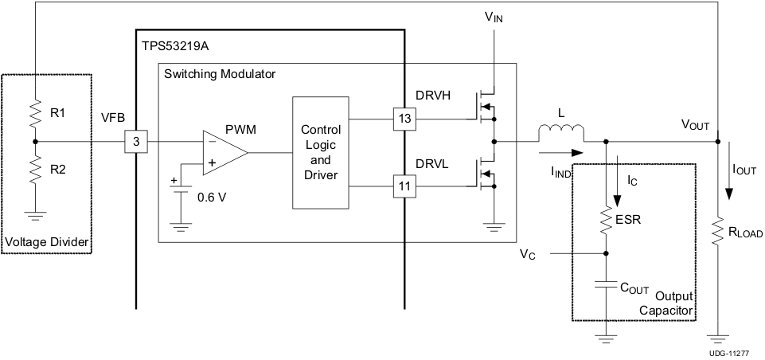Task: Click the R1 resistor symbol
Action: (34, 114)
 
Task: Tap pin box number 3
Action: (135, 143)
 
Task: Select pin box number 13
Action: (404, 119)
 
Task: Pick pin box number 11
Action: (404, 187)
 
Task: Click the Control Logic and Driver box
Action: (320, 152)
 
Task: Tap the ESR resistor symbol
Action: (607, 219)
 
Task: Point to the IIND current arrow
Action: (561, 152)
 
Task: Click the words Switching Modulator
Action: (219, 73)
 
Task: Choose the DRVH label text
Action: (434, 96)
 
